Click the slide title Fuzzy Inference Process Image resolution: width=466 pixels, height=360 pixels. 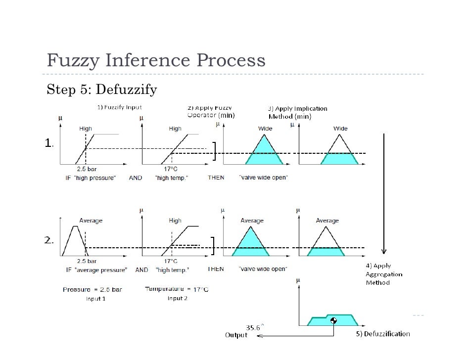click(156, 61)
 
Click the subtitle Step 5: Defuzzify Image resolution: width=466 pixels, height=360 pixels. click(101, 90)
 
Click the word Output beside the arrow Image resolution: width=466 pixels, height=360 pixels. click(236, 335)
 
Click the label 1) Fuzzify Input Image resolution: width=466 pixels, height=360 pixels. click(119, 106)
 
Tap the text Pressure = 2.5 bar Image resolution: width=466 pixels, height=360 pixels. click(93, 289)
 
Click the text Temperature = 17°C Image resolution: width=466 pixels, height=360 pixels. click(177, 289)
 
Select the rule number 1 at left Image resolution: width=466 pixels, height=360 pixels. click(48, 143)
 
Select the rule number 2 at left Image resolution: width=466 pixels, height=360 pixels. click(48, 240)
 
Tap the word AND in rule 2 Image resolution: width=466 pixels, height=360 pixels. click(142, 270)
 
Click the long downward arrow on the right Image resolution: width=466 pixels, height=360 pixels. click(383, 193)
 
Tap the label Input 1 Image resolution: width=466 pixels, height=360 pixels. click(95, 298)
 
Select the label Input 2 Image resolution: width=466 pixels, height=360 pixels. click(177, 298)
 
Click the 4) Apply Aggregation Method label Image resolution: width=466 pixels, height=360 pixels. click(384, 274)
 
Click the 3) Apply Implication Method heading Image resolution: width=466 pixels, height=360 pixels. click(297, 113)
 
